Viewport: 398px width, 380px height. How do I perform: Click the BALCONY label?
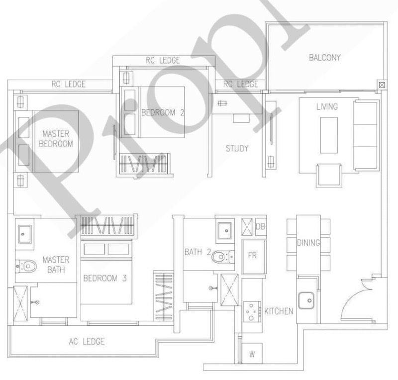(325, 58)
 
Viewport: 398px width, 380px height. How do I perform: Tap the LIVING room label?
(327, 106)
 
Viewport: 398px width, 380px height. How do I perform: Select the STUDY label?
(237, 149)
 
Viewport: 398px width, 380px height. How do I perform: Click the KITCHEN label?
(279, 311)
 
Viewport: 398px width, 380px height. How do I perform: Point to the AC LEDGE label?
(87, 341)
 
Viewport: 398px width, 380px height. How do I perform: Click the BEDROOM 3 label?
(105, 278)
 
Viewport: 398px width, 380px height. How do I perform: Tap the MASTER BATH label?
(56, 265)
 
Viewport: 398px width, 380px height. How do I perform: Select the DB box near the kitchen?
(260, 226)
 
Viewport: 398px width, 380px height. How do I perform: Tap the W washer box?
(252, 354)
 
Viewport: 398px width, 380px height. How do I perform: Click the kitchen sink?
(306, 300)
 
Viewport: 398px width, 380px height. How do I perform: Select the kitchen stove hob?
(252, 312)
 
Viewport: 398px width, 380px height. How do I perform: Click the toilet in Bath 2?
(223, 257)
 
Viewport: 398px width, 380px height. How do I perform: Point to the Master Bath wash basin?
(24, 234)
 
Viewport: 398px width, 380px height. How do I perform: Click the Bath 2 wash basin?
(225, 230)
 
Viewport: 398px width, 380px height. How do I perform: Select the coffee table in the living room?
(329, 135)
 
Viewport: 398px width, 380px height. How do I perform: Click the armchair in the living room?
(329, 176)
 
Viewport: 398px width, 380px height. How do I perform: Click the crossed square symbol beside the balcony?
(382, 85)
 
